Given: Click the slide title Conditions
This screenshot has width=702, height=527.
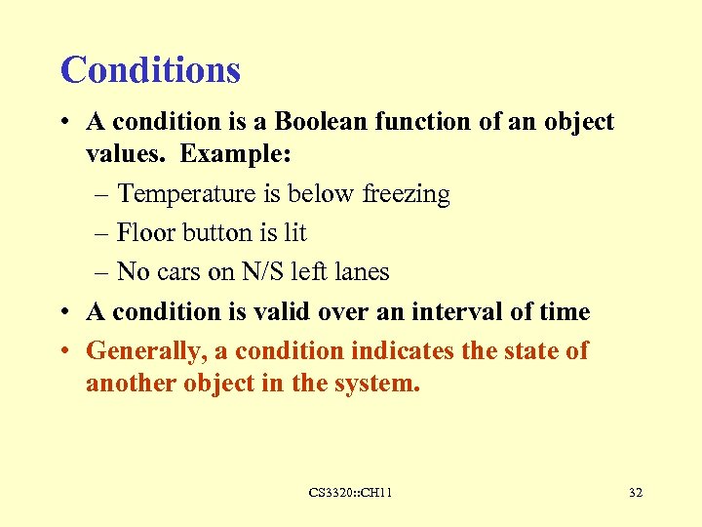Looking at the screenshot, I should pos(150,70).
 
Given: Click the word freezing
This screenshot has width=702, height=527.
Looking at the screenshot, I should pos(406,195).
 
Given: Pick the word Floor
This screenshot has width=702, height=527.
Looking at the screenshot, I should pos(143,233).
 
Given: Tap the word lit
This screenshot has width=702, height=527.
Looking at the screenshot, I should pos(292,233).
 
